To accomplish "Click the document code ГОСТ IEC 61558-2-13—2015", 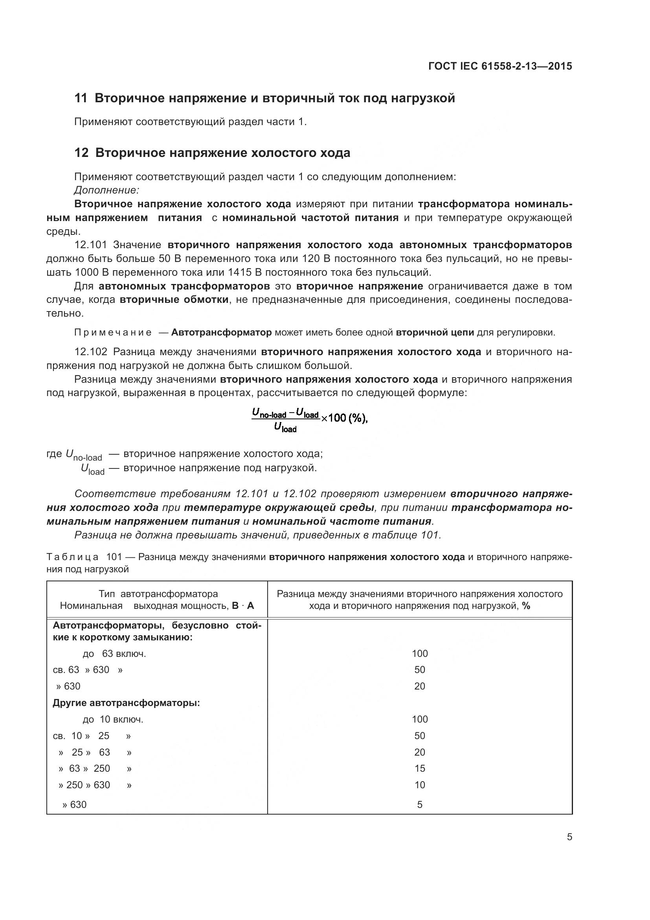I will [500, 66].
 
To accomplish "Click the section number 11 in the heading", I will [81, 98].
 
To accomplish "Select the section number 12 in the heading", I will [81, 153].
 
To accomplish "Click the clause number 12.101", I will [90, 245].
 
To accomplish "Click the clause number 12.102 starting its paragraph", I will [90, 352].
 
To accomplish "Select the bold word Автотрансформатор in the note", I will [221, 333].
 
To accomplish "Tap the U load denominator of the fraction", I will [285, 428].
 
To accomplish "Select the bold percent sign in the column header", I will [526, 606].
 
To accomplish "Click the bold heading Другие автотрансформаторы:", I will [126, 703].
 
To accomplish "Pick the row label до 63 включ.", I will [114, 654].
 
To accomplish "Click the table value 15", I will [419, 769].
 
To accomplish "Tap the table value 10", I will [419, 785].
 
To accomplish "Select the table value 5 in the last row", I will [419, 805].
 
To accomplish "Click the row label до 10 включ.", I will [113, 719].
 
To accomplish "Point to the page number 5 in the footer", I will [569, 837].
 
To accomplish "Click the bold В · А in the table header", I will [243, 606].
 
